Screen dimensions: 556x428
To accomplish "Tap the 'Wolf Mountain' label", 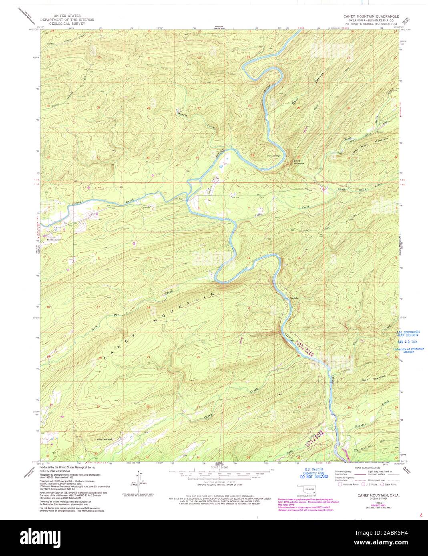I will [x=373, y=378].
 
